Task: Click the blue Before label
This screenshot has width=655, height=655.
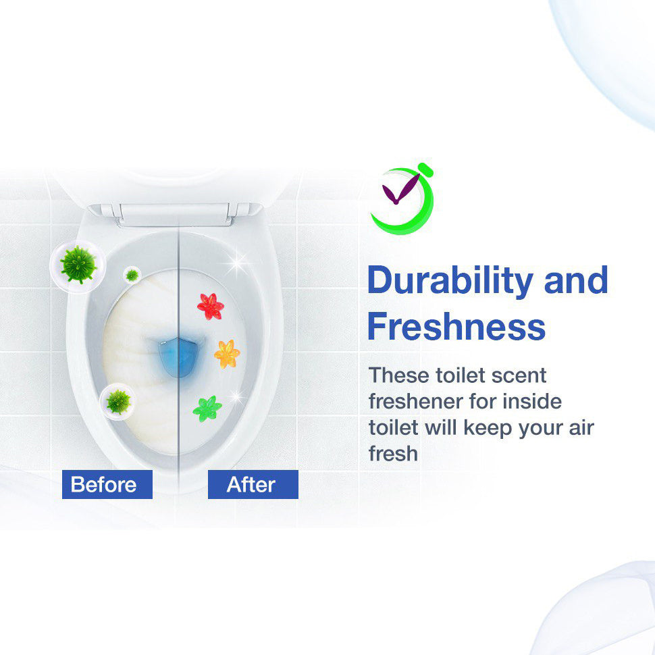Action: pyautogui.click(x=107, y=484)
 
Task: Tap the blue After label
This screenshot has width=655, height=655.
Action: pyautogui.click(x=253, y=484)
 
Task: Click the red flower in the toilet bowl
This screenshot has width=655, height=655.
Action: pyautogui.click(x=211, y=307)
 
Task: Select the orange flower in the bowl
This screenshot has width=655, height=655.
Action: pyautogui.click(x=227, y=354)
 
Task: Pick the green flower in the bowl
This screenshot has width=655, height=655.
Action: pyautogui.click(x=207, y=409)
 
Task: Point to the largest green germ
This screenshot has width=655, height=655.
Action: pyautogui.click(x=78, y=265)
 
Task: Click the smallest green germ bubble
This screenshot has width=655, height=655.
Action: pyautogui.click(x=132, y=275)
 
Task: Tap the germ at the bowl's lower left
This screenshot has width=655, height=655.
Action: pyautogui.click(x=118, y=402)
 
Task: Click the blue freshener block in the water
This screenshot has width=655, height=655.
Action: pyautogui.click(x=178, y=357)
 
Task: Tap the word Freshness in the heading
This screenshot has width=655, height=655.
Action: pyautogui.click(x=456, y=327)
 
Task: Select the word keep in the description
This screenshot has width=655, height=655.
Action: pyautogui.click(x=488, y=427)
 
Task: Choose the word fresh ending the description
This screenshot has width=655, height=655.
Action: pyautogui.click(x=393, y=453)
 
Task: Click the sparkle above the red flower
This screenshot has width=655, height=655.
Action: pyautogui.click(x=237, y=263)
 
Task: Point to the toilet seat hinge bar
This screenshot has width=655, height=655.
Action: pyautogui.click(x=175, y=214)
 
